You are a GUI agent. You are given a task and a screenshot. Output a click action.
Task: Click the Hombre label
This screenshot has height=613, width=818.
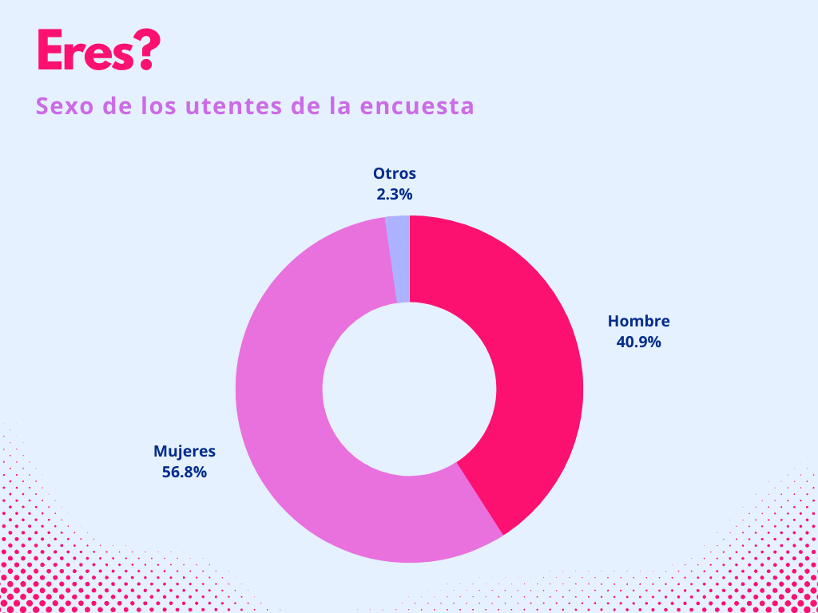(x=638, y=322)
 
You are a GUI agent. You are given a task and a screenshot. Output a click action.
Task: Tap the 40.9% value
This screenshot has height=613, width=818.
(x=638, y=342)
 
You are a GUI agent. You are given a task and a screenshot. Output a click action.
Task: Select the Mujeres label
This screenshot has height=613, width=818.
(x=185, y=451)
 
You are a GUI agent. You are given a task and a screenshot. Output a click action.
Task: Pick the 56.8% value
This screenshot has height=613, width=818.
(x=185, y=472)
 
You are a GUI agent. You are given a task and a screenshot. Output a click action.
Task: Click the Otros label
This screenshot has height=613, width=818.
(x=395, y=173)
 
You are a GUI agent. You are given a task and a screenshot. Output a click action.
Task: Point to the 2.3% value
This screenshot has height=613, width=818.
(x=395, y=194)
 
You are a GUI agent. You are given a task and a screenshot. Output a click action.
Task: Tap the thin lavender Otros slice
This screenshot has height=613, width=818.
(x=399, y=259)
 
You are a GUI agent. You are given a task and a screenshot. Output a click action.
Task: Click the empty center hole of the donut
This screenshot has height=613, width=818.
(x=409, y=390)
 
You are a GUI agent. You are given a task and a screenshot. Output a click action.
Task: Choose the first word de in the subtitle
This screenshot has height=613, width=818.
(x=116, y=106)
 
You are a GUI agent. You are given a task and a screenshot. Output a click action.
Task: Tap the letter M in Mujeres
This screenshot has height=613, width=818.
(x=160, y=451)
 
